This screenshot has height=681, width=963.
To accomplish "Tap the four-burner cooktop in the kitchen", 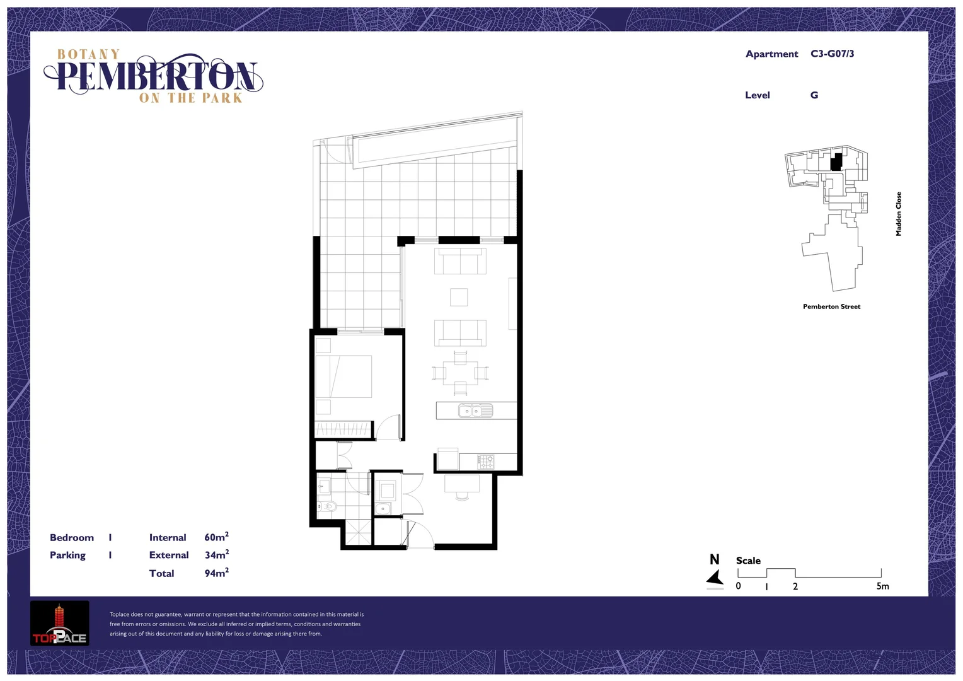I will (485, 462).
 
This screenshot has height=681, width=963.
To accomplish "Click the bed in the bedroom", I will (343, 376).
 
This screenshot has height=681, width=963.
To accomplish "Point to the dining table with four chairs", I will (460, 373).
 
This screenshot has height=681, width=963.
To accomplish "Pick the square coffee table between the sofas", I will (459, 297).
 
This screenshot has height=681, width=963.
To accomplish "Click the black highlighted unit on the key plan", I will (836, 162).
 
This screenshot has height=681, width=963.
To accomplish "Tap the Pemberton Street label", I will (831, 306).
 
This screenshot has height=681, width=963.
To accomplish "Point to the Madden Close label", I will (899, 214).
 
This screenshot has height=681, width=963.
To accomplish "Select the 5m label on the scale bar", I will (882, 586).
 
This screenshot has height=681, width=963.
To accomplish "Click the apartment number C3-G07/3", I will (832, 54).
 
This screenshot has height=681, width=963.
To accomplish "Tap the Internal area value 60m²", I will (216, 537).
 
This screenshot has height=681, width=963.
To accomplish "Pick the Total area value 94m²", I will (216, 573).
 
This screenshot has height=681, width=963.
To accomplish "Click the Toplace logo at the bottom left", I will (60, 624).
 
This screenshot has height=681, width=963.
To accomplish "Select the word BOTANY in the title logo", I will (88, 55).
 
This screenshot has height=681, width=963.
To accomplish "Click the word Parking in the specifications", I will (67, 555).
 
